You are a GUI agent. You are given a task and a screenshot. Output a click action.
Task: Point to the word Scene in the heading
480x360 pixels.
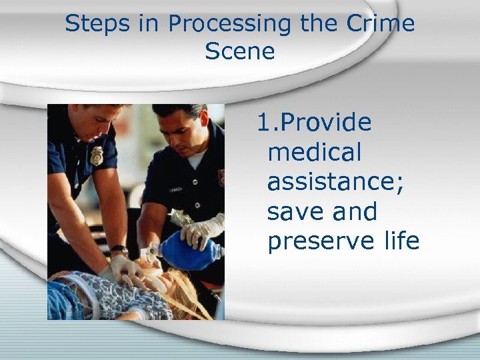240,51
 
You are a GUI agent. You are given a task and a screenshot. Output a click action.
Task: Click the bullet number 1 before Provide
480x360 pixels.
264,123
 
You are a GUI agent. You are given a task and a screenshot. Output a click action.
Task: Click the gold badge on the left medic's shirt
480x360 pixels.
97,155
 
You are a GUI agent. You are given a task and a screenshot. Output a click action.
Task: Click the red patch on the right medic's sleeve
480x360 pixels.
221,177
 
